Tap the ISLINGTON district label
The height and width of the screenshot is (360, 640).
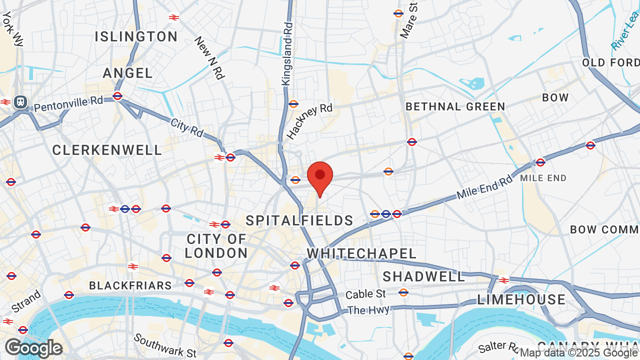point(136,36)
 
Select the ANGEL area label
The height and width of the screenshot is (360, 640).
point(128,73)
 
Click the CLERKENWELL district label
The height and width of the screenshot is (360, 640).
point(107,150)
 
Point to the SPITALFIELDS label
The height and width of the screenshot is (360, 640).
point(299,220)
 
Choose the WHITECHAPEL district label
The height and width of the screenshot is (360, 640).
point(361,253)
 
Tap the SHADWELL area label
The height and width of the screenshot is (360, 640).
point(424,276)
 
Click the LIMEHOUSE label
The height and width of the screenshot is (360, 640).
point(521,299)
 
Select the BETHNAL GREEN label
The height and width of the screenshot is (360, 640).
point(455,106)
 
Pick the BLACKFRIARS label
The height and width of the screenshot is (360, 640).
point(130,285)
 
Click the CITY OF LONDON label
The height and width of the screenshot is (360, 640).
point(216,246)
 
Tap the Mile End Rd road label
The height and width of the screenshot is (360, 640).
point(484,187)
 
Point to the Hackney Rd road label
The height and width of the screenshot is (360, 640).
point(309,121)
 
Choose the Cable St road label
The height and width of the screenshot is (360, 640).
point(366,294)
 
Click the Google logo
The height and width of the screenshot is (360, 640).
point(33,348)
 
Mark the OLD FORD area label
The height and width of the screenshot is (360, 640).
point(610,62)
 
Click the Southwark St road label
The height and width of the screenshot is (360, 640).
point(165,345)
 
